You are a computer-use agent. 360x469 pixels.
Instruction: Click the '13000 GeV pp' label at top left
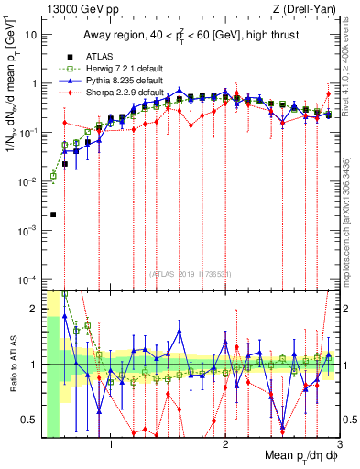click(80, 9)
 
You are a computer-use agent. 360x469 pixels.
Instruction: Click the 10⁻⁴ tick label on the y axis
click(29, 279)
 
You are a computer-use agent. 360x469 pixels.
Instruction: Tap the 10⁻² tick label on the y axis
click(29, 181)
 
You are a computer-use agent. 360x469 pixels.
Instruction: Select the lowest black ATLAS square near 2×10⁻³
click(53, 214)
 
